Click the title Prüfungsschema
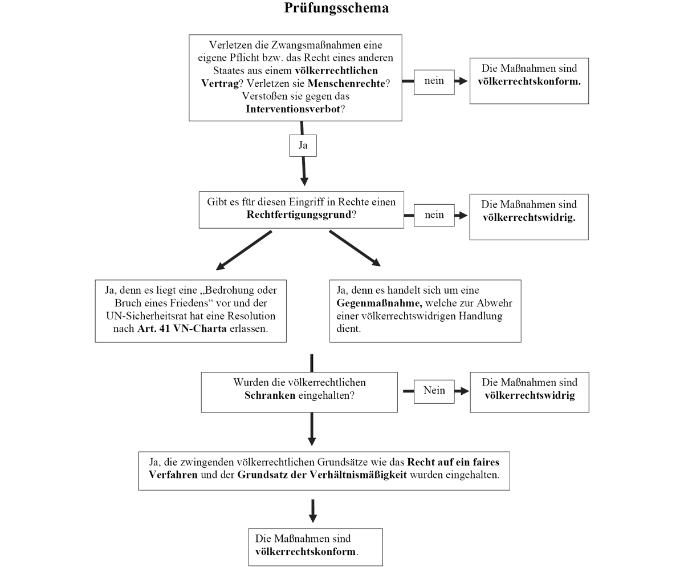click(x=336, y=9)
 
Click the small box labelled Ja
click(x=303, y=145)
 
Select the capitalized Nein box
click(x=434, y=391)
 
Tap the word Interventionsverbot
click(x=293, y=108)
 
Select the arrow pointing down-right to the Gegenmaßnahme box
click(x=355, y=248)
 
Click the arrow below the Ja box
click(x=304, y=171)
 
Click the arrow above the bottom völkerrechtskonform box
click(x=312, y=511)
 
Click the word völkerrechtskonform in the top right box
click(x=529, y=81)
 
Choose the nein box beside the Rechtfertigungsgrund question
click(x=434, y=215)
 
